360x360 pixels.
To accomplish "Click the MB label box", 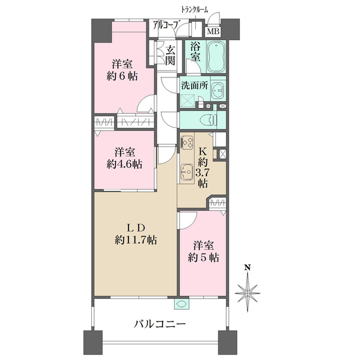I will [x=213, y=32].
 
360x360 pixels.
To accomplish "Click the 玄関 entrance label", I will [x=170, y=55].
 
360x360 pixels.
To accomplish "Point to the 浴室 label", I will [x=195, y=52].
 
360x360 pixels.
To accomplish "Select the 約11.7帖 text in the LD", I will [x=136, y=239].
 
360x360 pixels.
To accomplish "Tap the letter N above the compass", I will [x=248, y=268].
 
